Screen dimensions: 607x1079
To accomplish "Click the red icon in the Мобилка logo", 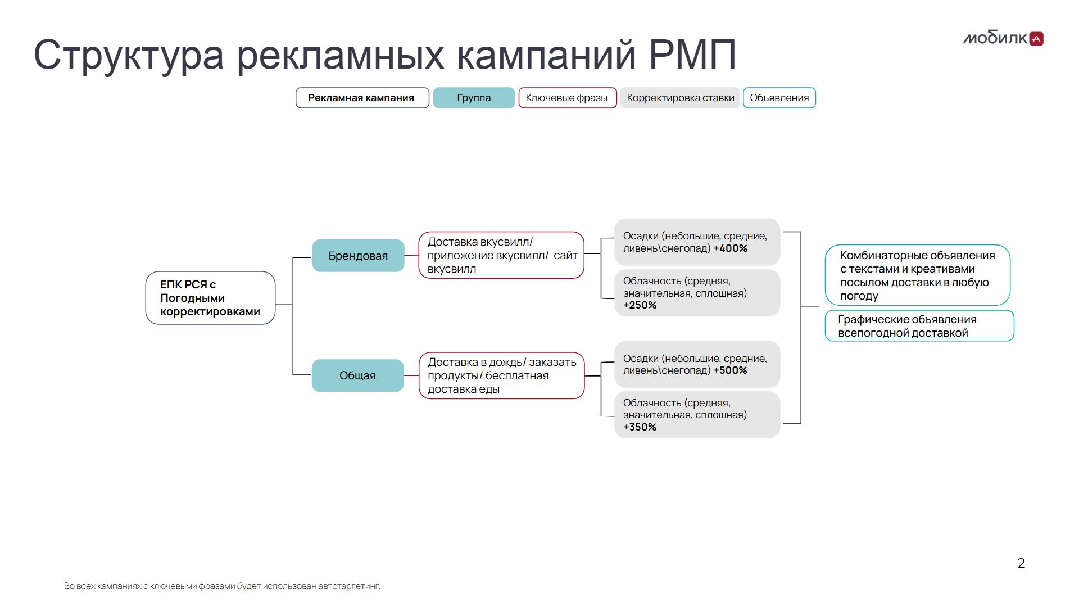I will [x=1036, y=39].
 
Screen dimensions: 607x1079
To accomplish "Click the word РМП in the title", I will [x=692, y=55].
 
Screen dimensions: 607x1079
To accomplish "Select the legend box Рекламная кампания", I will [x=362, y=98].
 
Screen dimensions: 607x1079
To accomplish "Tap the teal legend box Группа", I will [x=474, y=98].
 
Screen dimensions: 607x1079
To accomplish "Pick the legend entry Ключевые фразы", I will [x=567, y=98].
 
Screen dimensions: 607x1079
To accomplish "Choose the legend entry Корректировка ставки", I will [x=680, y=98].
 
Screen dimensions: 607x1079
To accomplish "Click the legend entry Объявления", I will [x=779, y=98].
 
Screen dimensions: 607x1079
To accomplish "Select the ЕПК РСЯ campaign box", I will [x=210, y=298].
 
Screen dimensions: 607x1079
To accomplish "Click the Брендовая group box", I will [x=358, y=256].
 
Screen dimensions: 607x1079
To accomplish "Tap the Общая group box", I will [x=357, y=375].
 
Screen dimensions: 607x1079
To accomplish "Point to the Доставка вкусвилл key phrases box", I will [x=501, y=255].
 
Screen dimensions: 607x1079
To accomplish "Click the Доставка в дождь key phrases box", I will [x=501, y=375].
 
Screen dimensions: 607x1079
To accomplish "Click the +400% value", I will [x=730, y=248].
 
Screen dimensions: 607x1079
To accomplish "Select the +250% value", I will [x=640, y=305].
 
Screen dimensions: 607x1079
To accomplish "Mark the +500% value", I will [x=730, y=370].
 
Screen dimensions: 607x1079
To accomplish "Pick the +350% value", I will [x=640, y=427].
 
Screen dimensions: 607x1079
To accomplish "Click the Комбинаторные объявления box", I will [x=917, y=275].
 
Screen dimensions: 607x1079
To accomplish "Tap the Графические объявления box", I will [x=919, y=326].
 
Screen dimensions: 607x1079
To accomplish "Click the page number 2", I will [x=1021, y=563].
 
